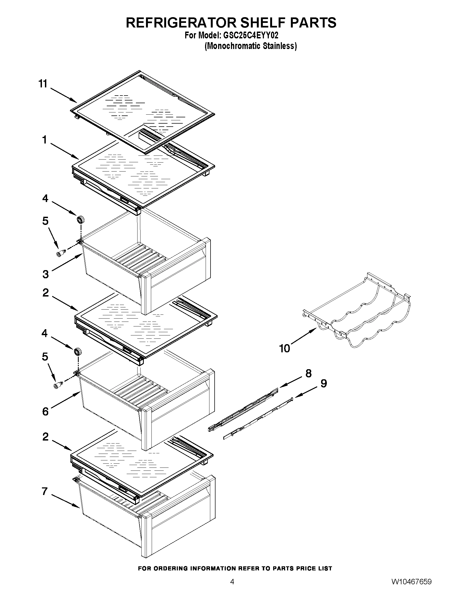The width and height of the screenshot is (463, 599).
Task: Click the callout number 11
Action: [x=43, y=84]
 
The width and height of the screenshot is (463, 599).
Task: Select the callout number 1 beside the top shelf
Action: [x=44, y=140]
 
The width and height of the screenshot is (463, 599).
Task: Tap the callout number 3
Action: [x=45, y=274]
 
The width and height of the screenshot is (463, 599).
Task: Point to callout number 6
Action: [x=45, y=411]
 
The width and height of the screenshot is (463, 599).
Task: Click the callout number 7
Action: [x=45, y=491]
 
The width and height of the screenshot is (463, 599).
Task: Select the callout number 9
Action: [x=324, y=383]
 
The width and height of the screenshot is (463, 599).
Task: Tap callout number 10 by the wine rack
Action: [x=285, y=349]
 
